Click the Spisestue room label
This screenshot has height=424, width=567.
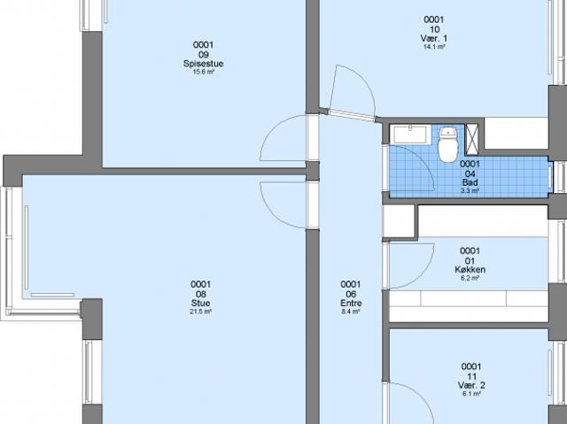pos(203,63)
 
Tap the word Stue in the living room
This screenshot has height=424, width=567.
pos(201,303)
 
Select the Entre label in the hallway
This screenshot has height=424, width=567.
pos(350,303)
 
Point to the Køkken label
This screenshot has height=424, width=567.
pos(470,269)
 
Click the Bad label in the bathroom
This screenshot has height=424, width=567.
pos(470,181)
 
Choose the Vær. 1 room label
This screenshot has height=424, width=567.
pos(433,38)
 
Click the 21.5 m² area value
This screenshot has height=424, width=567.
pos(201,312)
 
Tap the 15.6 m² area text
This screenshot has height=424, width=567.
pos(203,72)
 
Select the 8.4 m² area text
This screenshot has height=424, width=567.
pos(350,312)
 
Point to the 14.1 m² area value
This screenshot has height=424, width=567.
pos(433,47)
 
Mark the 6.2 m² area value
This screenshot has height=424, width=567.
pos(470,278)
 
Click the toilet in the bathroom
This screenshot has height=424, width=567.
pos(447,143)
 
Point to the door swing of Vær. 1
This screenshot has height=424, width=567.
pos(350,89)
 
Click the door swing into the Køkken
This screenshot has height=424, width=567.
pos(412,265)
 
